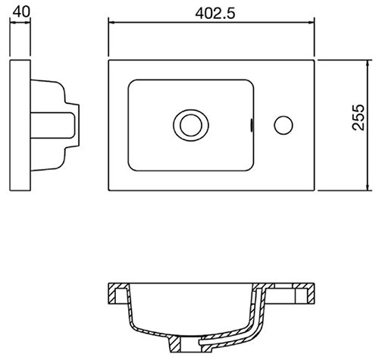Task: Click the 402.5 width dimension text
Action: click(215, 13)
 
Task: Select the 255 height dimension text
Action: click(359, 117)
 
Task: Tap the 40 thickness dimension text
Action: click(21, 11)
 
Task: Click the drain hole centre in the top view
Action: click(191, 125)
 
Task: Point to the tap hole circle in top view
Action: click(283, 125)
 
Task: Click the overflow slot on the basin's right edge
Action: click(252, 125)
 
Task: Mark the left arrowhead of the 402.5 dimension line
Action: click(111, 23)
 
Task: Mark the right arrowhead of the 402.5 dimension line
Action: click(311, 23)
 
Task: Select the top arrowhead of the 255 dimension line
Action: click(368, 64)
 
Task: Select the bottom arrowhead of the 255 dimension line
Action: click(368, 187)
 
